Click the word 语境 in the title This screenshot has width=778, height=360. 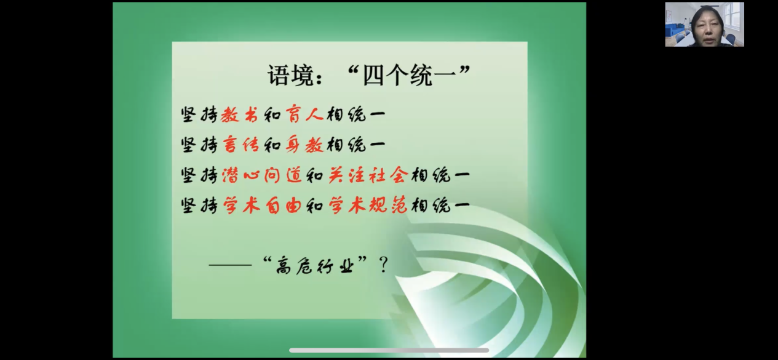[291, 75]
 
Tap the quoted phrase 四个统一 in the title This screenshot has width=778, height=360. [409, 75]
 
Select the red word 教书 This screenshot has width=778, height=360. [239, 114]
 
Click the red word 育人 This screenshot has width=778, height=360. [304, 114]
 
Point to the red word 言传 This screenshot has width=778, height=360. [240, 145]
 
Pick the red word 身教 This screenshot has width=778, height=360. [304, 145]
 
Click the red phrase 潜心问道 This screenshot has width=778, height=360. [261, 175]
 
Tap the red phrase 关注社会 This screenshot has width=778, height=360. [368, 175]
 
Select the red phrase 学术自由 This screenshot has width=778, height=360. [261, 205]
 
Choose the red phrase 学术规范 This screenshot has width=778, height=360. [368, 205]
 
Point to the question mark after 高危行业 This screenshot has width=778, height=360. [383, 265]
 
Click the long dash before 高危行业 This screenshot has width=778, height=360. [230, 265]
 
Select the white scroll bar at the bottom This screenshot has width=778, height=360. [389, 350]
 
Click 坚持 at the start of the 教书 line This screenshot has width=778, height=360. [199, 114]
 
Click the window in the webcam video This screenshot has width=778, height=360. [734, 15]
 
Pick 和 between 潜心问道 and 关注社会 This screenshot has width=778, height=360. [315, 175]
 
